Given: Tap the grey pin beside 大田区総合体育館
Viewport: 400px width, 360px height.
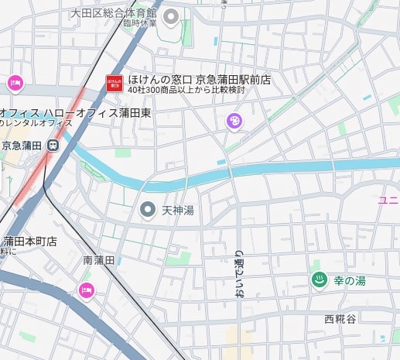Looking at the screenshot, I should (172, 15).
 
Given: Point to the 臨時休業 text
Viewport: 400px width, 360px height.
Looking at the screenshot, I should (138, 23).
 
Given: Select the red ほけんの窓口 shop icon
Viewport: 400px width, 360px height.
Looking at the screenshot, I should (114, 83).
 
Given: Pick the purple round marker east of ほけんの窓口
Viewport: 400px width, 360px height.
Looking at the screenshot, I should (234, 121).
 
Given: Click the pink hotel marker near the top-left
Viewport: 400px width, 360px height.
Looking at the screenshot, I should (15, 83).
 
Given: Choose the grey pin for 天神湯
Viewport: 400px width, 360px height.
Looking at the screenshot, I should (147, 209).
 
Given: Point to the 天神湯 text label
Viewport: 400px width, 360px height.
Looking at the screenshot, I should (176, 211).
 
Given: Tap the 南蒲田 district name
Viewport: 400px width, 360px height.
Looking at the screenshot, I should (99, 261).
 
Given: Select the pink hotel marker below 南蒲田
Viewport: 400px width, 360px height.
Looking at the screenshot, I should (86, 290).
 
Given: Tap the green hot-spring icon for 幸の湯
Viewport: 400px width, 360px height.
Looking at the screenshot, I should (316, 279).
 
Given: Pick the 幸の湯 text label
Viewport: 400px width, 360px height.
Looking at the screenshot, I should (350, 280).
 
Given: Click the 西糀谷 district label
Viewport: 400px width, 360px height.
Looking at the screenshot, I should (341, 319).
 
